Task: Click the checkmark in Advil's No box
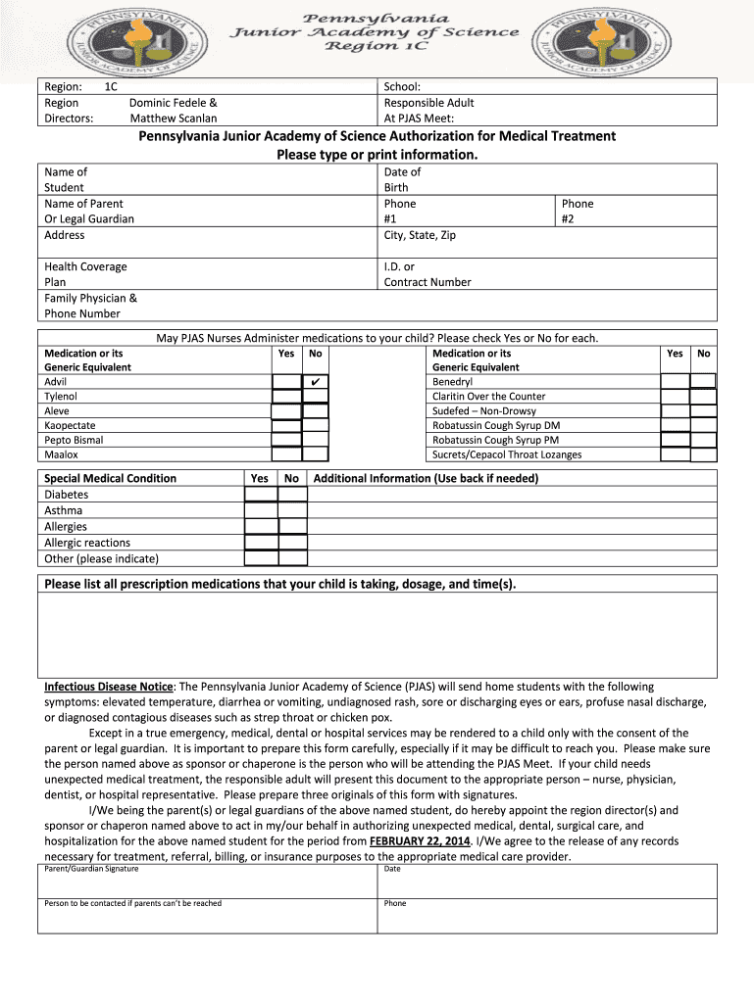coord(315,382)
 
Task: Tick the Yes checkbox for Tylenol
coord(286,397)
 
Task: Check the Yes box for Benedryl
coord(675,382)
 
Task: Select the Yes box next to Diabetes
coord(261,496)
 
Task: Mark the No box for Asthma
coord(292,511)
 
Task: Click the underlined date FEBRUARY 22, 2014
coord(420,841)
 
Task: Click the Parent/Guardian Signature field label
coord(91,869)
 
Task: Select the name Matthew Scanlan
coord(174,119)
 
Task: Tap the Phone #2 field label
coord(578,212)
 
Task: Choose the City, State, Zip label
coord(420,235)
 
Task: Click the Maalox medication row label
coord(61,454)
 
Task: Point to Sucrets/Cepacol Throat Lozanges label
coord(507,454)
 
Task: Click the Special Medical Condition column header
coord(111,478)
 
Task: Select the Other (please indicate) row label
coord(101,558)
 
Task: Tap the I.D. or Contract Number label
coord(428,274)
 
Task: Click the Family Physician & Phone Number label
coord(90,306)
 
